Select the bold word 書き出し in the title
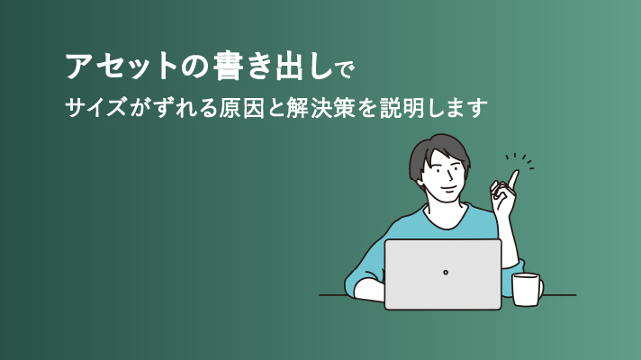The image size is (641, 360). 273,66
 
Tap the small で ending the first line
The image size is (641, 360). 345,69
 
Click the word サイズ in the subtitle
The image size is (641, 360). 95,108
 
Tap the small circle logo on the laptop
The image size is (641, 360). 445,272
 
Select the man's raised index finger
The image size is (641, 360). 513,179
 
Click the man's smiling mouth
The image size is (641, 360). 448,188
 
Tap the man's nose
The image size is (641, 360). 450,176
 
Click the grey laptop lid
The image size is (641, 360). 443,274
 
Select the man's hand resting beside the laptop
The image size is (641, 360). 369,291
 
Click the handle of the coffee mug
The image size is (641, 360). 541,289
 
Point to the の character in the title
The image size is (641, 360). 194,67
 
